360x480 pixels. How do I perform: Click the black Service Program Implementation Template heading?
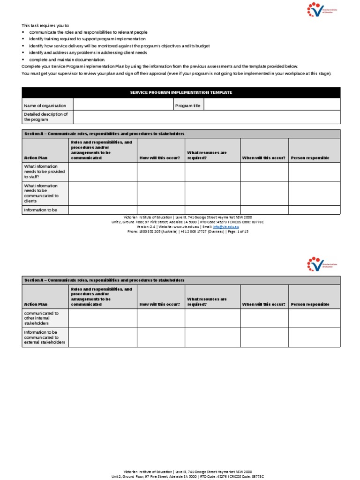coord(180,92)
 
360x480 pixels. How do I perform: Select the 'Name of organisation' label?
coord(45,105)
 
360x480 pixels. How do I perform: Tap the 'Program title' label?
coord(187,105)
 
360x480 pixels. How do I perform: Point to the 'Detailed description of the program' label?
coord(46,117)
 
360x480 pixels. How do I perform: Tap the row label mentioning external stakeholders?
coord(45,337)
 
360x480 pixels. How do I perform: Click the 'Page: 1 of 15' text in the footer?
coord(238,232)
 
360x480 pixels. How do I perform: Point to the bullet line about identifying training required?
coord(87,39)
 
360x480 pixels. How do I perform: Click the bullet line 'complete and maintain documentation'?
coord(67,60)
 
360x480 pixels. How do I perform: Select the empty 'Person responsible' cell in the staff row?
coord(314,172)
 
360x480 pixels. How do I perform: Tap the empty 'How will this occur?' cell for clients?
coord(161,194)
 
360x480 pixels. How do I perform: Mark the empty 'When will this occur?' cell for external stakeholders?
coord(264,337)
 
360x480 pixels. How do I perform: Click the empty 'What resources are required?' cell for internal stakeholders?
coord(212,318)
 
